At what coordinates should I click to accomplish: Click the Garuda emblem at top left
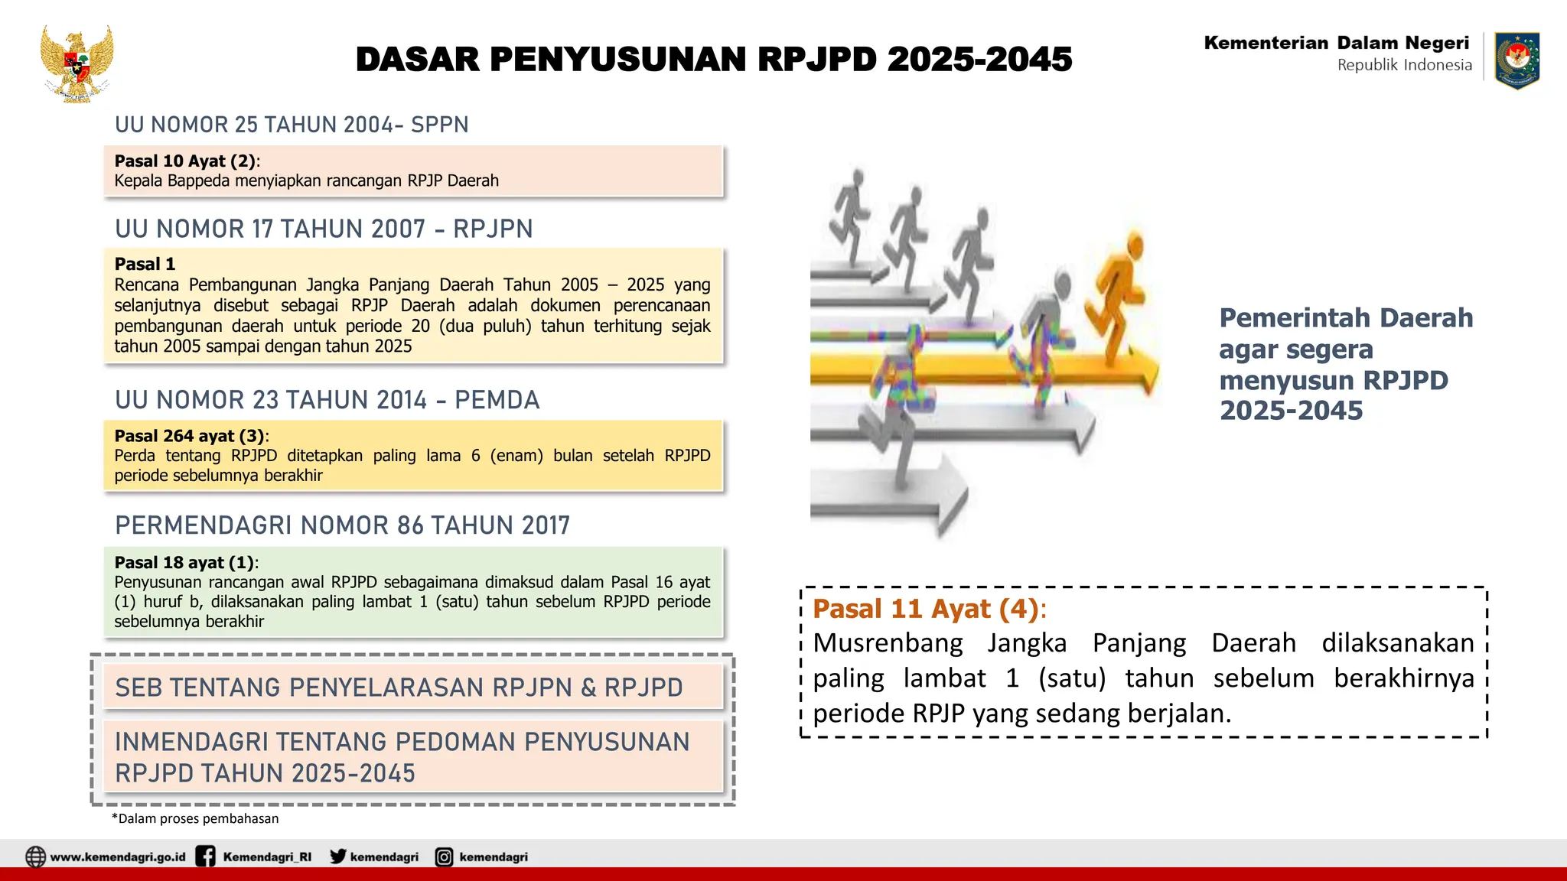pyautogui.click(x=77, y=64)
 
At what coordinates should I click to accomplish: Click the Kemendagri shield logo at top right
pyautogui.click(x=1517, y=60)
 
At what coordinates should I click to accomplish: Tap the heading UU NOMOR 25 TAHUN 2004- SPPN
pyautogui.click(x=292, y=125)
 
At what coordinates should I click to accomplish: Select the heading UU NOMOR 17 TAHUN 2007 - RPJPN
pyautogui.click(x=324, y=229)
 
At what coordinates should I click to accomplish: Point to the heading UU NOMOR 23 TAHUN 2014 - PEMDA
pyautogui.click(x=327, y=400)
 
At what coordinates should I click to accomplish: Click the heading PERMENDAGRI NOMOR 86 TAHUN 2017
pyautogui.click(x=342, y=525)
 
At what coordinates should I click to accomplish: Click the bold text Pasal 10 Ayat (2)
pyautogui.click(x=184, y=161)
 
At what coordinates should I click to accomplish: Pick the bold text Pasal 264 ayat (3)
pyautogui.click(x=189, y=436)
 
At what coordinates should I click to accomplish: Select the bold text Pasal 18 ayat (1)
pyautogui.click(x=184, y=563)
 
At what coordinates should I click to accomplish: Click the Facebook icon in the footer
pyautogui.click(x=205, y=857)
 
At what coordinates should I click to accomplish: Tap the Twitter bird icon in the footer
pyautogui.click(x=337, y=857)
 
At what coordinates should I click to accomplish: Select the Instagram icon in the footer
pyautogui.click(x=444, y=857)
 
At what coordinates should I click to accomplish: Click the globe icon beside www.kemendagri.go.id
pyautogui.click(x=35, y=857)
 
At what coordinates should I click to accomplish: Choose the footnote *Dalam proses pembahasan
pyautogui.click(x=195, y=818)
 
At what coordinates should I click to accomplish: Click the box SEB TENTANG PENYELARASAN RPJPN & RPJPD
pyautogui.click(x=413, y=687)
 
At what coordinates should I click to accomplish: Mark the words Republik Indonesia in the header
pyautogui.click(x=1404, y=65)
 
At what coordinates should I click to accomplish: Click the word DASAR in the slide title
pyautogui.click(x=417, y=60)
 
